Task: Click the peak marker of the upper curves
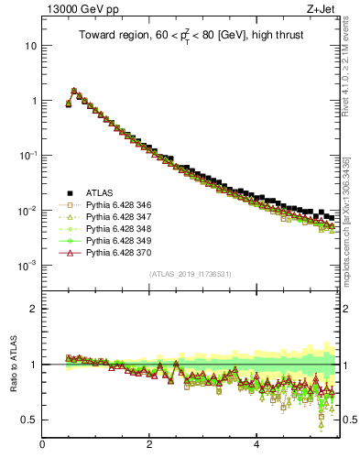coord(73,91)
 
